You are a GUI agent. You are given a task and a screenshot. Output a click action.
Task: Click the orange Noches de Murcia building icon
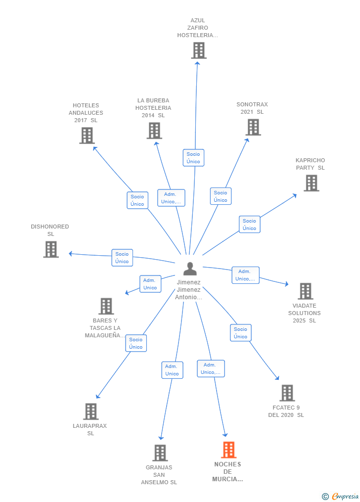(x=228, y=450)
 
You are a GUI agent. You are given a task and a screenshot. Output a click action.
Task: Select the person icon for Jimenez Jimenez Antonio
(x=189, y=269)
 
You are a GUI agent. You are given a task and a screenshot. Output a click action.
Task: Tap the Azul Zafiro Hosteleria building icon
(x=198, y=50)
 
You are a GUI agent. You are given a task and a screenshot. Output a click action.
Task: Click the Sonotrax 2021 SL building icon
(x=253, y=127)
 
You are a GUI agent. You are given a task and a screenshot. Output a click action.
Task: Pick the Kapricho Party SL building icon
(x=311, y=183)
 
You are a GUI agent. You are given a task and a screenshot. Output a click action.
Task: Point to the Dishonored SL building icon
(x=50, y=249)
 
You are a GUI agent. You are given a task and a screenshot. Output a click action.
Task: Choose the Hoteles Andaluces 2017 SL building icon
(x=87, y=136)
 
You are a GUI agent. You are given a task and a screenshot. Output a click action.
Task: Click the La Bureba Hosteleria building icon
(x=154, y=131)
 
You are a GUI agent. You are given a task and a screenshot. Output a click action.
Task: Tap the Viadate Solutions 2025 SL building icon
(x=305, y=291)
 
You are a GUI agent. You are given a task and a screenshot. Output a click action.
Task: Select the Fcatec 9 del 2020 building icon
(x=287, y=393)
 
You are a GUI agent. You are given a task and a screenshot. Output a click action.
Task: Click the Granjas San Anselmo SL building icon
(x=160, y=453)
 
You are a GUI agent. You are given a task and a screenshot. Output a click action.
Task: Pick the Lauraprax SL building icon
(x=90, y=411)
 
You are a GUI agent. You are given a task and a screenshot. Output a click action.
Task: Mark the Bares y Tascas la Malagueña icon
(x=106, y=306)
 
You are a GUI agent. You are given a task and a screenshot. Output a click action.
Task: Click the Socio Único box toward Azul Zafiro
(x=193, y=158)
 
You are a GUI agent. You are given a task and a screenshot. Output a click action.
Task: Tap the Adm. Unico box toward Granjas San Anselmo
(x=172, y=370)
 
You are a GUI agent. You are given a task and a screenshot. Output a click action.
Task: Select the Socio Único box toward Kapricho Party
(x=249, y=225)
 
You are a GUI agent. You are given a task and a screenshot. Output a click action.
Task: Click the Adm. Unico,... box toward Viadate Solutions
(x=245, y=275)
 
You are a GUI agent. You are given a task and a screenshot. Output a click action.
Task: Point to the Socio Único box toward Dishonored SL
(x=122, y=258)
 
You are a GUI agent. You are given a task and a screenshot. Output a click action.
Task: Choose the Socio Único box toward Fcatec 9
(x=240, y=333)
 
